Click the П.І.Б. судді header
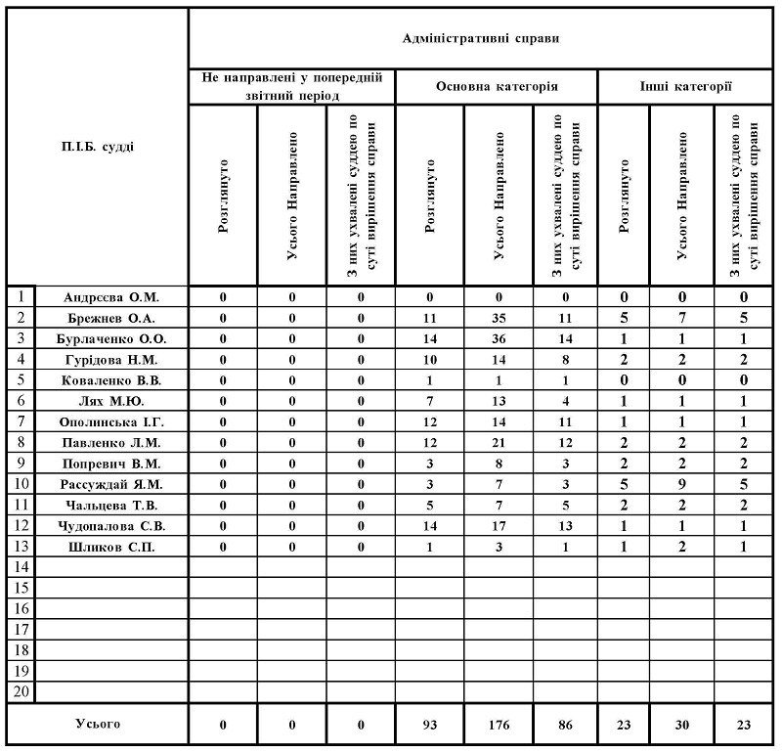[98, 148]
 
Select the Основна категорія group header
[497, 86]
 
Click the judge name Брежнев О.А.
[110, 318]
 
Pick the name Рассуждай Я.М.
[110, 484]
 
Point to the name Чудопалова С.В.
[110, 526]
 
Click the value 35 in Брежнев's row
[498, 318]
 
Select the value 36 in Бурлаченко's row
[498, 338]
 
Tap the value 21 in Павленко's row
[498, 442]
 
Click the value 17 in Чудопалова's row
[498, 526]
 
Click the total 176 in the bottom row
[498, 725]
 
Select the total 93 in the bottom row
[429, 725]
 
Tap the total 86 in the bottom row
[564, 725]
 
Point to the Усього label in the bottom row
[98, 724]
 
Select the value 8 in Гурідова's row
[564, 359]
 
